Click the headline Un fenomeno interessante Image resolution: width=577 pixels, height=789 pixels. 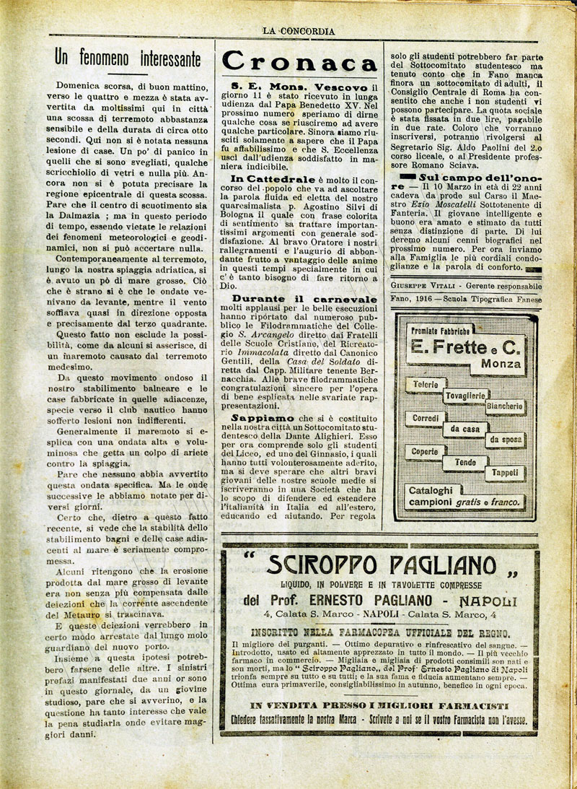tap(128, 58)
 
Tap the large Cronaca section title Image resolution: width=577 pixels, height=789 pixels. tap(299, 61)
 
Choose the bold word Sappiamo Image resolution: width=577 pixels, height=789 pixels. tap(263, 417)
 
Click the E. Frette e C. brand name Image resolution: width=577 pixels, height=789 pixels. tap(464, 347)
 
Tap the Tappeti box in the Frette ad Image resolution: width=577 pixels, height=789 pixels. tap(505, 473)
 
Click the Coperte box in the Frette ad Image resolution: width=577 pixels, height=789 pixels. tap(426, 451)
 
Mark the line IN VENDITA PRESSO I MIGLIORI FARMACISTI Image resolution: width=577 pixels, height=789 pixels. tap(380, 704)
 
